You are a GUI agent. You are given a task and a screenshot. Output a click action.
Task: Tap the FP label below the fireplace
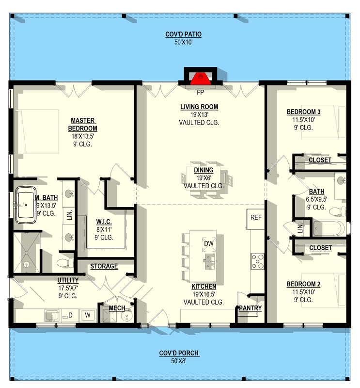(199, 91)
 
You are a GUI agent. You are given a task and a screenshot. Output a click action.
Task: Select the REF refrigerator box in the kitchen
(256, 217)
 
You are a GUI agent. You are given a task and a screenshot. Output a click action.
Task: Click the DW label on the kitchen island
(208, 243)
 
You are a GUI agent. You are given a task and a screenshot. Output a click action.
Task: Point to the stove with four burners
(257, 261)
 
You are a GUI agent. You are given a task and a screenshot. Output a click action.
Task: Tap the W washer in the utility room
(88, 315)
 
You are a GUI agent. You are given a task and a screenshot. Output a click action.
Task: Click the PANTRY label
(250, 308)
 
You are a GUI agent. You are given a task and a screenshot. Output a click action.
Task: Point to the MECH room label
(117, 308)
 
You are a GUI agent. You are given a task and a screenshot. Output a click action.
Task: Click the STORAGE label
(104, 266)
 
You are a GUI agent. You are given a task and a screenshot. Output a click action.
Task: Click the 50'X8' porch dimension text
(179, 361)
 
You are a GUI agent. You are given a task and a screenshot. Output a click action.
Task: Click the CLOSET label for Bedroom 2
(320, 248)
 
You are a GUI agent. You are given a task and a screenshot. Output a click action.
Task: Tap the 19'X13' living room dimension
(199, 115)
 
